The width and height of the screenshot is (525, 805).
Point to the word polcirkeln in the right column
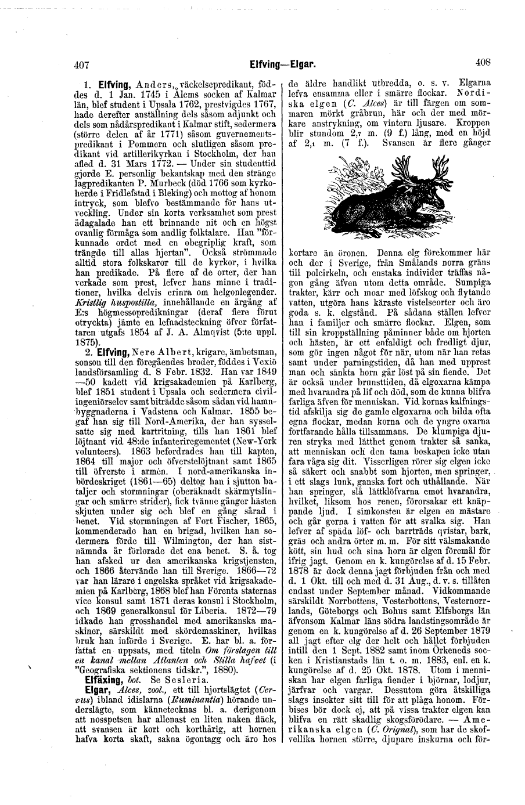325,272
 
